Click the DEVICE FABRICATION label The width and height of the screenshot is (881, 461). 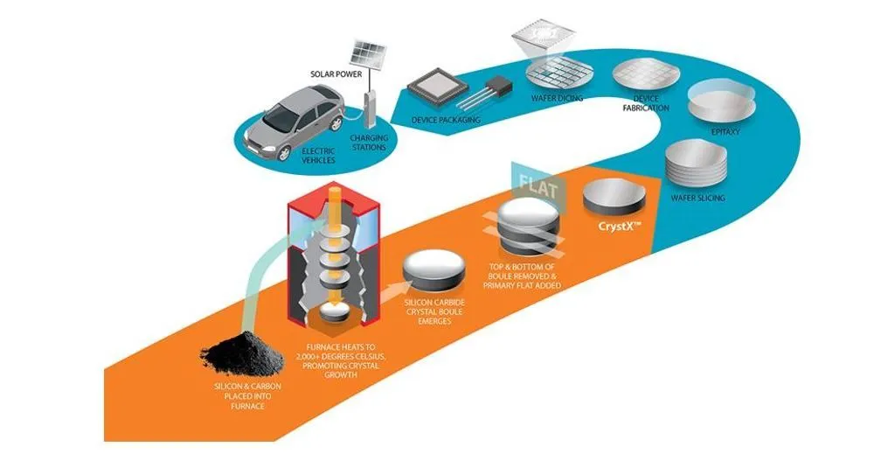(645, 103)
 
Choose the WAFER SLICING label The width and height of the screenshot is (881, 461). (697, 199)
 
